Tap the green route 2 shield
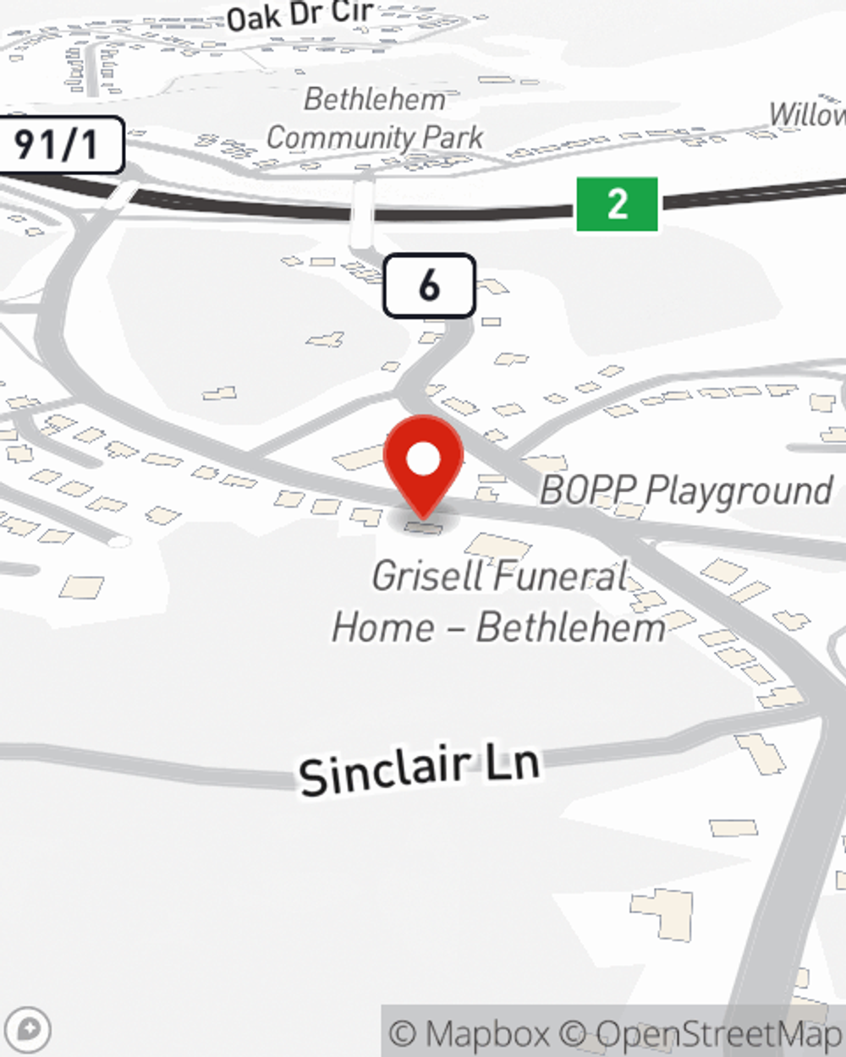[617, 204]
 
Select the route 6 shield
[429, 286]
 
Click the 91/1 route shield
[58, 145]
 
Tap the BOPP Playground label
[686, 490]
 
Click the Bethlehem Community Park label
[375, 118]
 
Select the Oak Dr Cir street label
[300, 14]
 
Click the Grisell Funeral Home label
[499, 601]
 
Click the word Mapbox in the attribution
[487, 1033]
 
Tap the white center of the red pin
[423, 459]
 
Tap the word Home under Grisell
[383, 627]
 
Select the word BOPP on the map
[588, 490]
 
